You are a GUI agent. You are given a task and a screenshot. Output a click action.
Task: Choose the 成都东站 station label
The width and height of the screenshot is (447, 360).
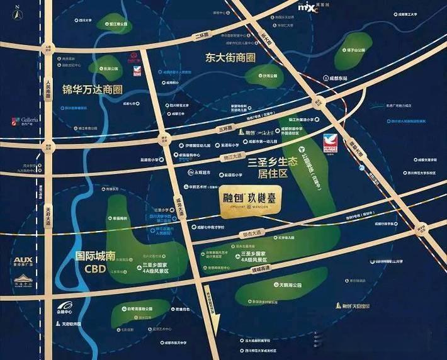[x=337, y=79]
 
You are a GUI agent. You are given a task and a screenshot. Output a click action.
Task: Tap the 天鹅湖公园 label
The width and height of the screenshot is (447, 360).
[x=286, y=286]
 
